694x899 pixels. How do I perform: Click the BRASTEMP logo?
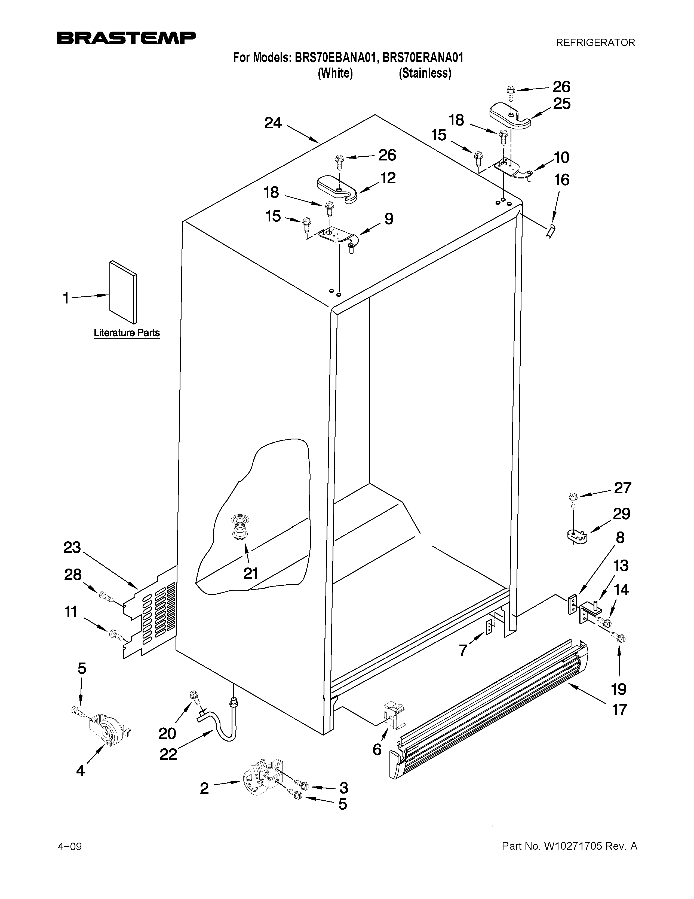tap(126, 38)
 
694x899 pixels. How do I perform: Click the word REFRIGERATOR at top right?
tap(595, 42)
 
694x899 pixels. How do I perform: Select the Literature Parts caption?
tap(127, 333)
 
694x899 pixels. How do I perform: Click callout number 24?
tap(273, 123)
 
